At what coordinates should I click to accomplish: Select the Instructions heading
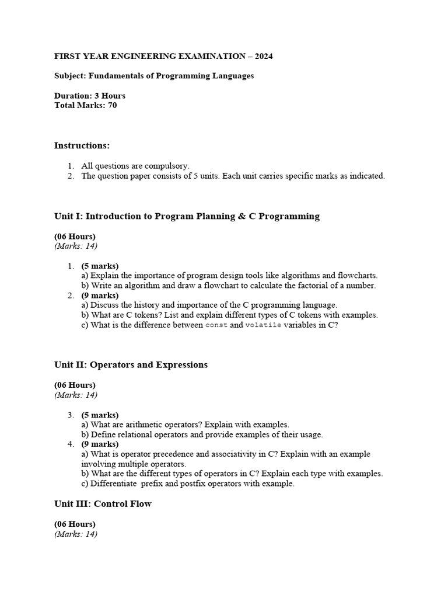[x=82, y=145]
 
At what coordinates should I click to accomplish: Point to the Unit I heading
[x=187, y=216]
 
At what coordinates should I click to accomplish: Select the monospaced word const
[x=216, y=325]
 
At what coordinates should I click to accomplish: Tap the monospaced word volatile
[x=263, y=325]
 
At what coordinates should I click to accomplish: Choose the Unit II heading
[x=131, y=365]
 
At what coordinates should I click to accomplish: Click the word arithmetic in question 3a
[x=146, y=425]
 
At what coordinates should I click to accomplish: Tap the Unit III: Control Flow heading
[x=103, y=504]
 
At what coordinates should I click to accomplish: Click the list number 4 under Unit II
[x=70, y=444]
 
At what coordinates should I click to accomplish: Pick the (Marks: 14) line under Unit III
[x=76, y=534]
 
